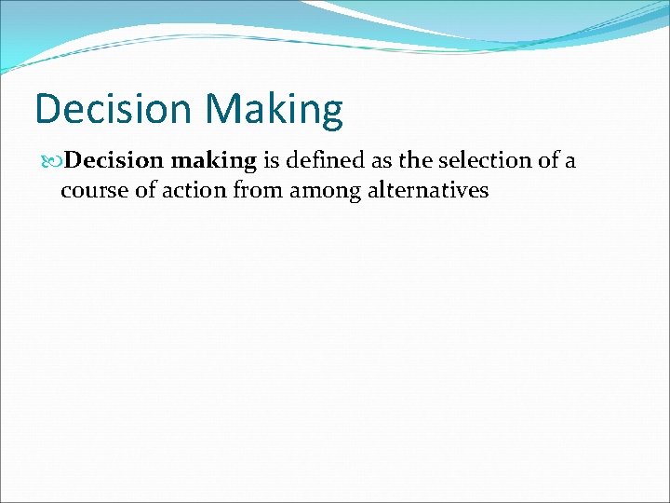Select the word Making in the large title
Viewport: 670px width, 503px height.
(275, 109)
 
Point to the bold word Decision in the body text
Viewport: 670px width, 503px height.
(114, 161)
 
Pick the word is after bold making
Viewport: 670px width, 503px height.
(272, 161)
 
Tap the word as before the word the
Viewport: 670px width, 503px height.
(382, 161)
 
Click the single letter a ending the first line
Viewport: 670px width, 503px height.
(569, 162)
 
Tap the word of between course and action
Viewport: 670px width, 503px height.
(144, 192)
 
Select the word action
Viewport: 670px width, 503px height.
(192, 192)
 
